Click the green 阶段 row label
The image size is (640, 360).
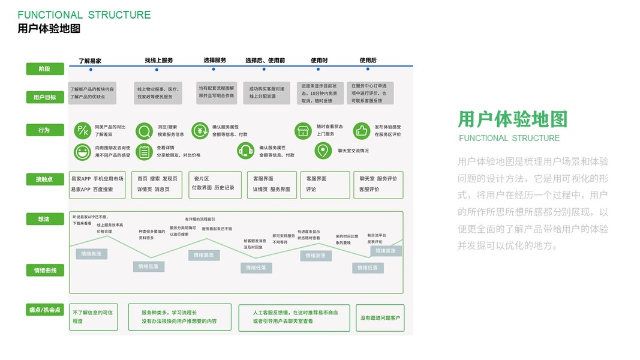[x=45, y=69]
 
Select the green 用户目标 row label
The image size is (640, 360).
[x=45, y=97]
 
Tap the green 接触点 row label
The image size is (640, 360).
[x=45, y=179]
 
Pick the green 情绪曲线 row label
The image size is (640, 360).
[x=45, y=271]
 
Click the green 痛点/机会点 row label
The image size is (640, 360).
[x=45, y=310]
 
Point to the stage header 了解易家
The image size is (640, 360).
[x=90, y=61]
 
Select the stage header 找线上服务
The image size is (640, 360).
[x=158, y=61]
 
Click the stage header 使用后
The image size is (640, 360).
[x=368, y=61]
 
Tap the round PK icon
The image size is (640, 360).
[x=82, y=130]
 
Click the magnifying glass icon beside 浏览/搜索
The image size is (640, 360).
[x=144, y=130]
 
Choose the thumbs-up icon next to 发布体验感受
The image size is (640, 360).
[x=362, y=130]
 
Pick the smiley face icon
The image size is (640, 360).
[x=82, y=151]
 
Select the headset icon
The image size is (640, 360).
[x=245, y=151]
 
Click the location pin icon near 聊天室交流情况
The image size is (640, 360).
[x=324, y=151]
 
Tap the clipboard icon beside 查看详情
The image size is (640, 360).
[x=144, y=151]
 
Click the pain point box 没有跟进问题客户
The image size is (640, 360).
[x=380, y=317]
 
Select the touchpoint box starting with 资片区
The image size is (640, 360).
[x=214, y=184]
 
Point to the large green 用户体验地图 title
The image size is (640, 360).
[x=512, y=119]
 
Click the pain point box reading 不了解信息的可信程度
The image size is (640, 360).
[x=92, y=317]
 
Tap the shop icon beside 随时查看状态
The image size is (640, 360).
[x=304, y=130]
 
